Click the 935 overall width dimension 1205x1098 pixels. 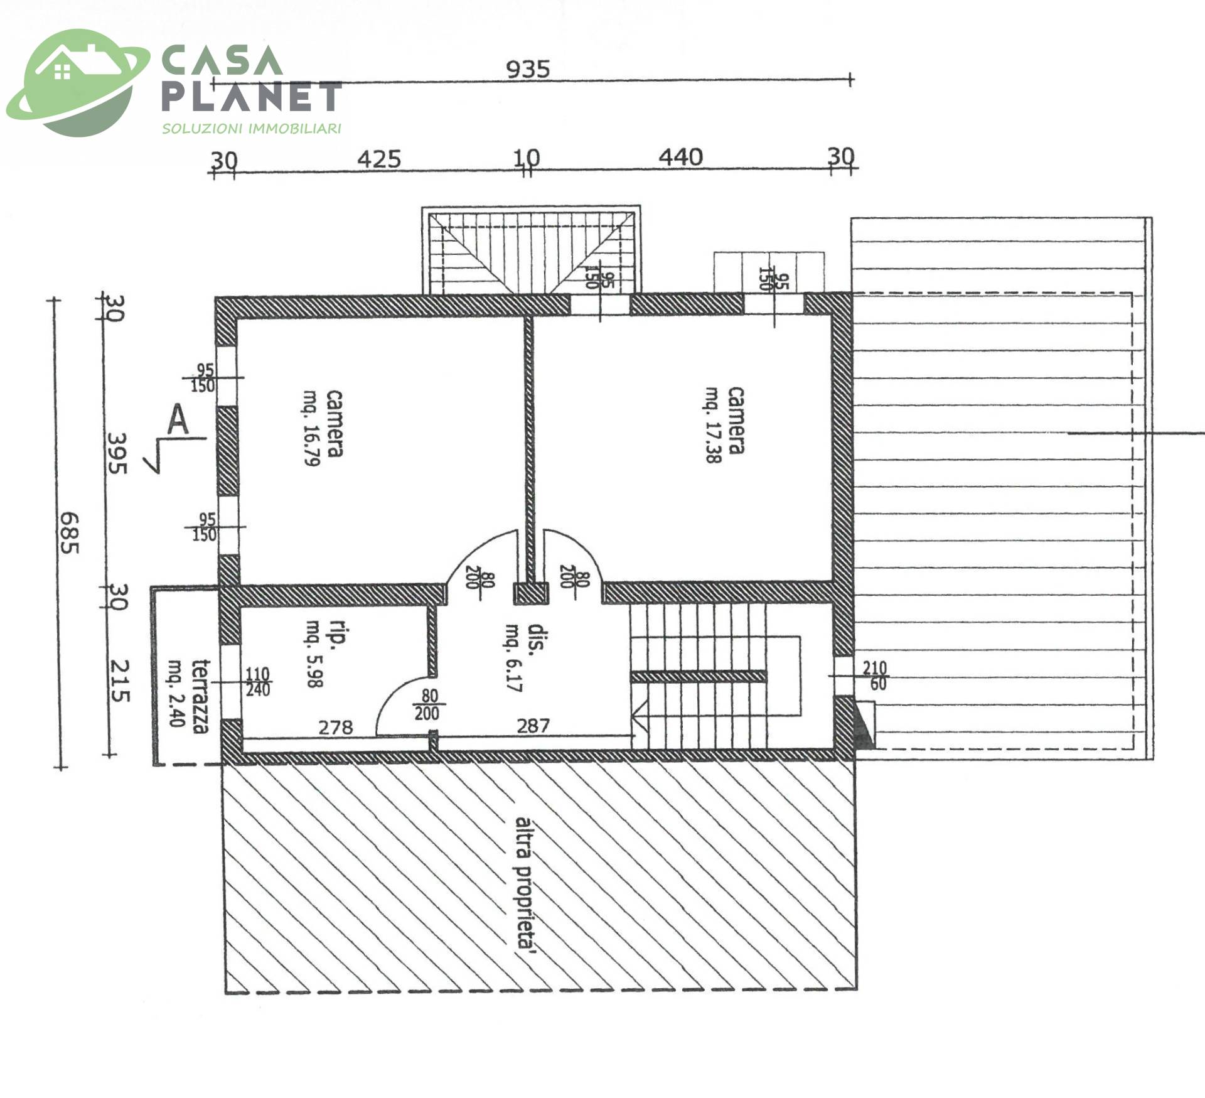(x=528, y=68)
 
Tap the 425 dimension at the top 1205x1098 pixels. (x=379, y=159)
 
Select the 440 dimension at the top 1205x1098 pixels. (x=680, y=157)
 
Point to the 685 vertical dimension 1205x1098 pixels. (x=69, y=533)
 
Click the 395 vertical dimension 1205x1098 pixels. (x=117, y=453)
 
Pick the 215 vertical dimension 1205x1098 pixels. (x=120, y=681)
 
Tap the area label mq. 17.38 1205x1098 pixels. (x=712, y=425)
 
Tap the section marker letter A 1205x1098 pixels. (x=178, y=420)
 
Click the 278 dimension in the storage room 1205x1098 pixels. (x=336, y=727)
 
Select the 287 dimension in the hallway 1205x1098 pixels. (x=533, y=726)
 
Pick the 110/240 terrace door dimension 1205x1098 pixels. (x=257, y=682)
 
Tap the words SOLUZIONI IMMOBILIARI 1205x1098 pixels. (x=252, y=129)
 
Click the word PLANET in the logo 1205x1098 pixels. (x=252, y=97)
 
